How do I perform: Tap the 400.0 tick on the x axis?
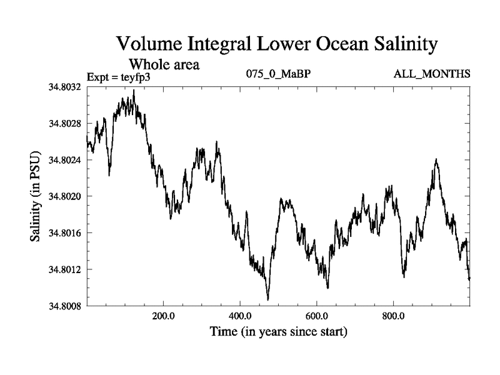click(240, 316)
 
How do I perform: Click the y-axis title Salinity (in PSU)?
click(36, 197)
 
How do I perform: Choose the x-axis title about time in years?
click(278, 331)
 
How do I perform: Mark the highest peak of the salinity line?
click(134, 90)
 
